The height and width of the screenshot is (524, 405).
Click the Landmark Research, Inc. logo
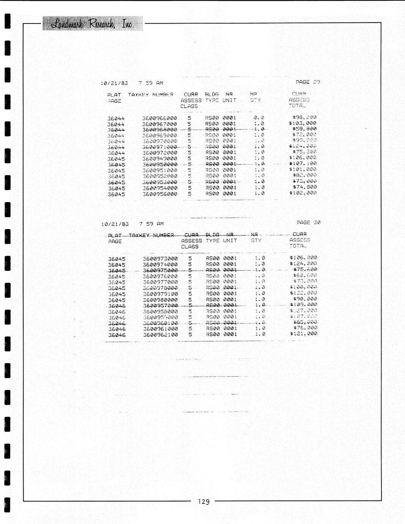coord(92,24)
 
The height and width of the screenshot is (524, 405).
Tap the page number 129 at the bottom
coord(204,502)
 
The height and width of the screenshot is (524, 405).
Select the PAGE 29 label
coord(308,82)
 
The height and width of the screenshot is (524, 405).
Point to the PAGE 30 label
coord(308,223)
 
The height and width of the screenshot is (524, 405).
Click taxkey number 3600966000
coord(160,118)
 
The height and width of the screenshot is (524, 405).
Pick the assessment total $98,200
coord(304,117)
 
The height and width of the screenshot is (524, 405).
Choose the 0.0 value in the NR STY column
coord(259,118)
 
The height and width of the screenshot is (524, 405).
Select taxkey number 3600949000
coord(160,159)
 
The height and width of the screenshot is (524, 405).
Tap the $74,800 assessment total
coord(304,187)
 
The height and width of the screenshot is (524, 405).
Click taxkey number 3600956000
coord(160,194)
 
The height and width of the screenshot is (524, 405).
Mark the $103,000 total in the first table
coord(302,123)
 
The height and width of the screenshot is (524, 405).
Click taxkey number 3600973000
coord(160,259)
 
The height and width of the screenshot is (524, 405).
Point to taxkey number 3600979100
coord(160,294)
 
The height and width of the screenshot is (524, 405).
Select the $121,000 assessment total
coord(303,333)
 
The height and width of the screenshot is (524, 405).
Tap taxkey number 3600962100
coord(160,335)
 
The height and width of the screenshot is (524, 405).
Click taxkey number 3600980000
coord(160,300)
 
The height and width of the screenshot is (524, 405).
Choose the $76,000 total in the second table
coord(305,328)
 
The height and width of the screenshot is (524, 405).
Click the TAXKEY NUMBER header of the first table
coord(150,95)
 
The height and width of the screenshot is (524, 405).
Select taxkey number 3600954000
coord(160,188)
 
